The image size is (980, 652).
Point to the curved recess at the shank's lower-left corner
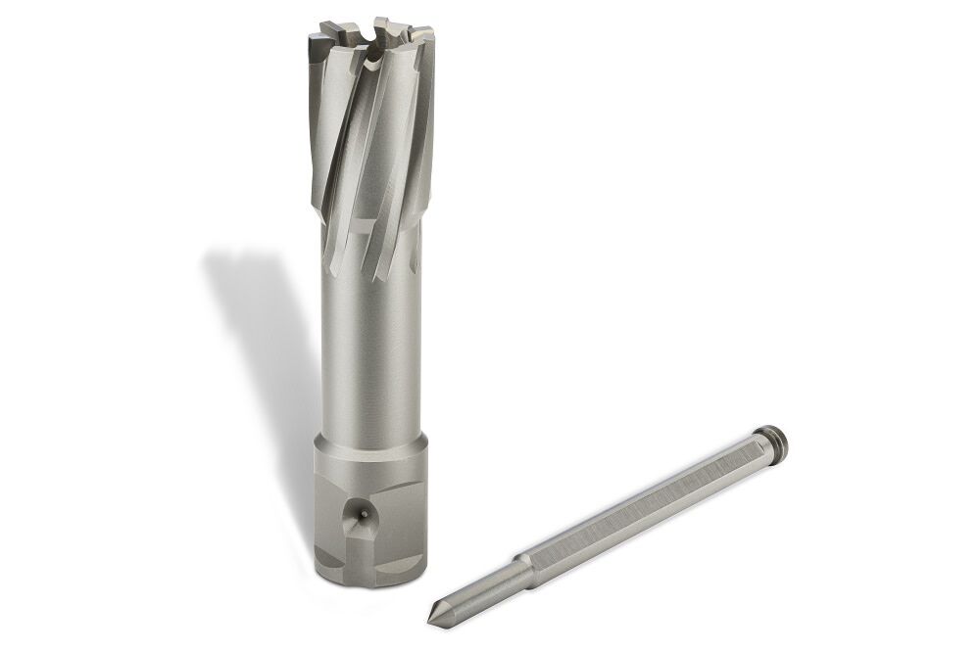[x=325, y=561]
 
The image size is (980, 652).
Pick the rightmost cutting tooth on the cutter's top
[x=423, y=37]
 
